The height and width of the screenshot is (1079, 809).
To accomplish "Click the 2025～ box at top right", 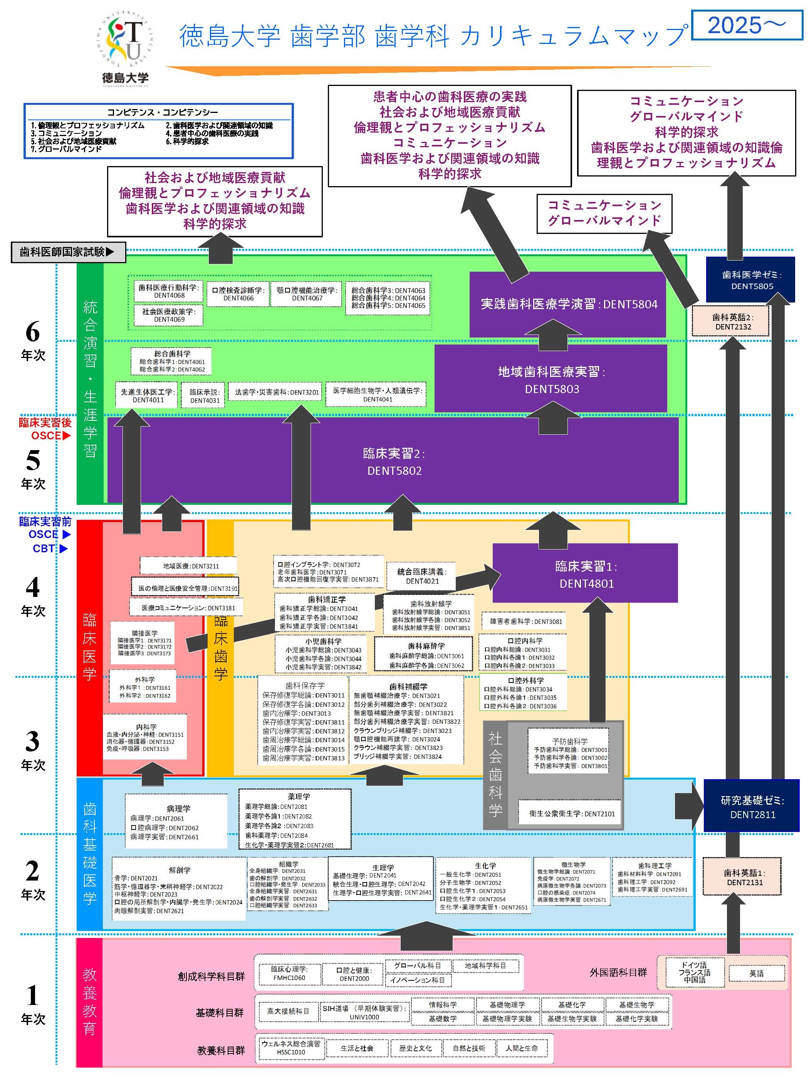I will (747, 25).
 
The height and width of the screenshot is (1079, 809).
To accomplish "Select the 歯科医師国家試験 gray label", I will (68, 252).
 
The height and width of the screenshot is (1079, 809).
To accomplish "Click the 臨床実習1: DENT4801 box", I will (585, 574).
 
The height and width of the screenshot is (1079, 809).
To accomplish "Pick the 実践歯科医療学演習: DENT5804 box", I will (569, 304).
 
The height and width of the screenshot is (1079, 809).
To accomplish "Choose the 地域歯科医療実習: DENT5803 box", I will (551, 380).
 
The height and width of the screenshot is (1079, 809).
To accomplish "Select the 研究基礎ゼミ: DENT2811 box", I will (752, 807).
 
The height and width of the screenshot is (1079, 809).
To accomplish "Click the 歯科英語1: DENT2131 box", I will (744, 877).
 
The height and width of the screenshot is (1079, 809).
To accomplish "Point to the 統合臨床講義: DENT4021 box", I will (422, 576).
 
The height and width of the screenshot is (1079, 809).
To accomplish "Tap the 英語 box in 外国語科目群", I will (756, 973).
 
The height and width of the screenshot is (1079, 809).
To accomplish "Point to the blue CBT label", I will (45, 548).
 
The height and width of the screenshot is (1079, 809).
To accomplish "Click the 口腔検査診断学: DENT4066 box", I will (238, 294).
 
